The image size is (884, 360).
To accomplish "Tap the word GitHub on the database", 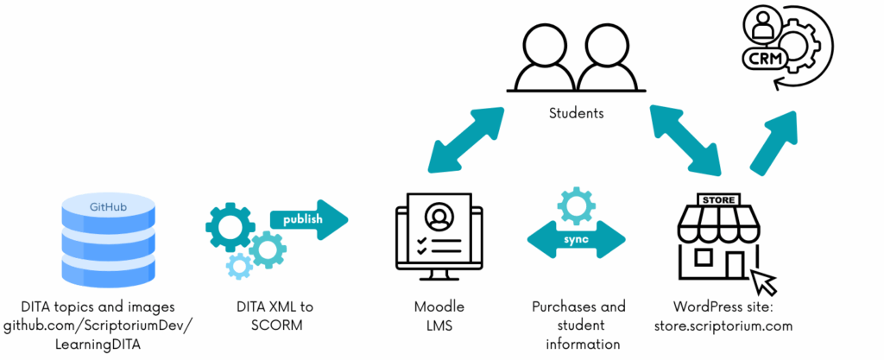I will (108, 207).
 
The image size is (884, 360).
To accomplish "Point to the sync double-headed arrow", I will (577, 238).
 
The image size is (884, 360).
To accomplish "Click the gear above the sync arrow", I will (577, 205).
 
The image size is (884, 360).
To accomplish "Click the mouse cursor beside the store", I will (764, 281).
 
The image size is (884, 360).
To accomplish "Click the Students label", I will (576, 113).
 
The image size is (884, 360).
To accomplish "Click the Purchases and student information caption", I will (578, 325).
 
